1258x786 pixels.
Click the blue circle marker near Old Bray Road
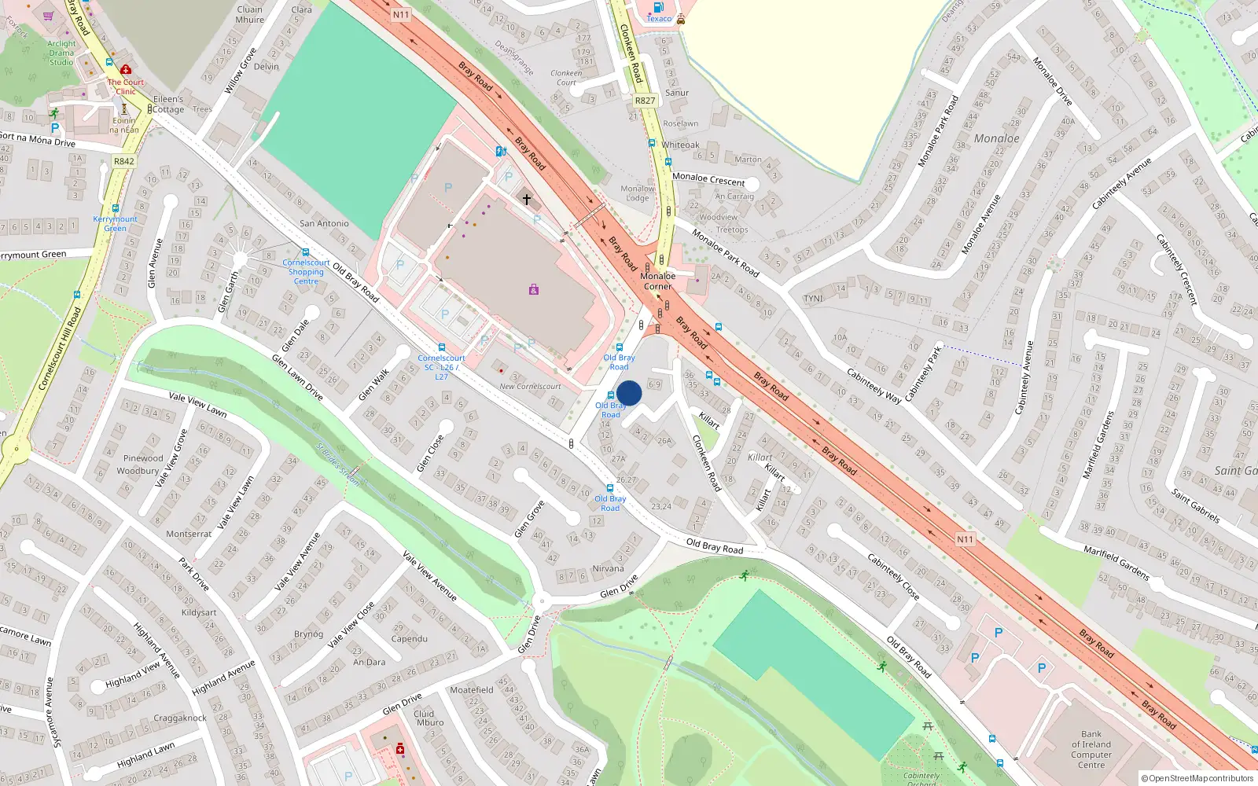pos(629,393)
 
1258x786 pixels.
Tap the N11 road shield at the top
pos(401,15)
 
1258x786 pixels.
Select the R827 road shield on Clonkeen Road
pos(645,101)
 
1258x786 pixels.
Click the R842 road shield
pos(124,161)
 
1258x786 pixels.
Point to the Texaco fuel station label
pos(659,19)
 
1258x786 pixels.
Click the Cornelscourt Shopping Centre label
pos(306,272)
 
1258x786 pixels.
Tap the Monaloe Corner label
pos(657,281)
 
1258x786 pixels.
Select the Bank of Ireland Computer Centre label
pos(1091,750)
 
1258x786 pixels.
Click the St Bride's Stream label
pos(338,465)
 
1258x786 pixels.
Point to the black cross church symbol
pos(527,200)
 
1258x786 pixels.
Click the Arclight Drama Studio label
pos(61,53)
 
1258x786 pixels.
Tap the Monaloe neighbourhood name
pos(996,138)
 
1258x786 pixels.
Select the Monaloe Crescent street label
pos(708,179)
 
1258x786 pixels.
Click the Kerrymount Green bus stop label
pos(115,223)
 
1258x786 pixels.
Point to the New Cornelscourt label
pos(530,387)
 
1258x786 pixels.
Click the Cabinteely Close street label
pos(893,576)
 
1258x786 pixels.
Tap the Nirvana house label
pos(608,568)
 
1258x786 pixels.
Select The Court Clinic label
pos(126,86)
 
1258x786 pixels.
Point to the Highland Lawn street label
pos(145,755)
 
